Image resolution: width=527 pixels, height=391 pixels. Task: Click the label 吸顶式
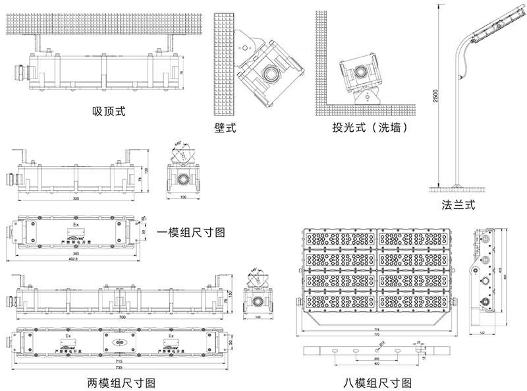pos(109,111)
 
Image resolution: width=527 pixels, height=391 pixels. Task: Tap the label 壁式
pos(225,127)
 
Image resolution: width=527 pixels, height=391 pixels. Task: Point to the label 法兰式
pos(458,204)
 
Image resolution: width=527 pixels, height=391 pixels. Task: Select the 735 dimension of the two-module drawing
pos(119,367)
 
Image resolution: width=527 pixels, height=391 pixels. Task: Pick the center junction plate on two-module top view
pos(119,342)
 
